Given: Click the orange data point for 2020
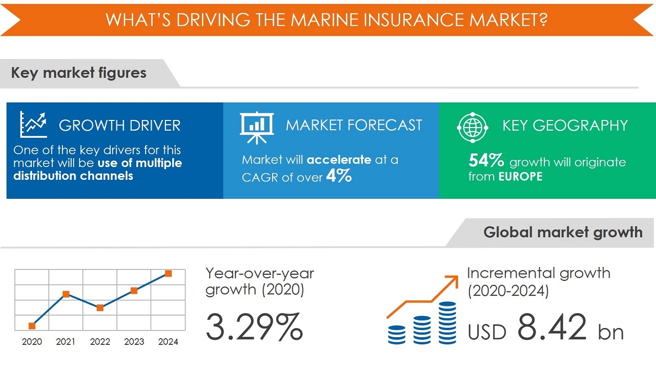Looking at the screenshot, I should (32, 325).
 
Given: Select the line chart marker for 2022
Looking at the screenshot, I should (100, 307).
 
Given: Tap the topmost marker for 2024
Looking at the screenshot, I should (168, 274).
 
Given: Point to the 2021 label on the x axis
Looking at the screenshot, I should (66, 342).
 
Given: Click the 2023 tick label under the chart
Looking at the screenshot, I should (134, 342).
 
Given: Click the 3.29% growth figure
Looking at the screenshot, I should (254, 327).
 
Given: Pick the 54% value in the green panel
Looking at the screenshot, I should (486, 161).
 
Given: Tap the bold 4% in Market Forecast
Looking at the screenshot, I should (339, 176).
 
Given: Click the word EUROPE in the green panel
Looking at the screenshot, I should (520, 177).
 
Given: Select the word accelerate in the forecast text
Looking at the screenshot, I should (339, 160).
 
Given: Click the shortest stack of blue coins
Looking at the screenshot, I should (396, 334).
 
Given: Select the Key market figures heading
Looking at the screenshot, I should (79, 73).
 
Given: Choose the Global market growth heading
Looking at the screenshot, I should (563, 232).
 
